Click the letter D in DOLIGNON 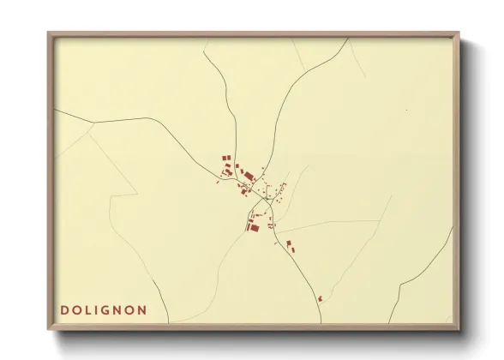tap(64, 310)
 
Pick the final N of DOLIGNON tap(142, 310)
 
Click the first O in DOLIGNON tap(77, 310)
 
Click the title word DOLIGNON tap(103, 310)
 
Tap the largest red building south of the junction tap(254, 226)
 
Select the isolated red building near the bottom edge tap(319, 298)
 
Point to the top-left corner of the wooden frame tap(50, 34)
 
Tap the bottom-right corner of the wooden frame tap(458, 328)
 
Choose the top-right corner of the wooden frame tap(458, 34)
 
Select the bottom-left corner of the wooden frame tap(50, 328)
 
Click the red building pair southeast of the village tap(290, 246)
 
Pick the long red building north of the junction tap(249, 176)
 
